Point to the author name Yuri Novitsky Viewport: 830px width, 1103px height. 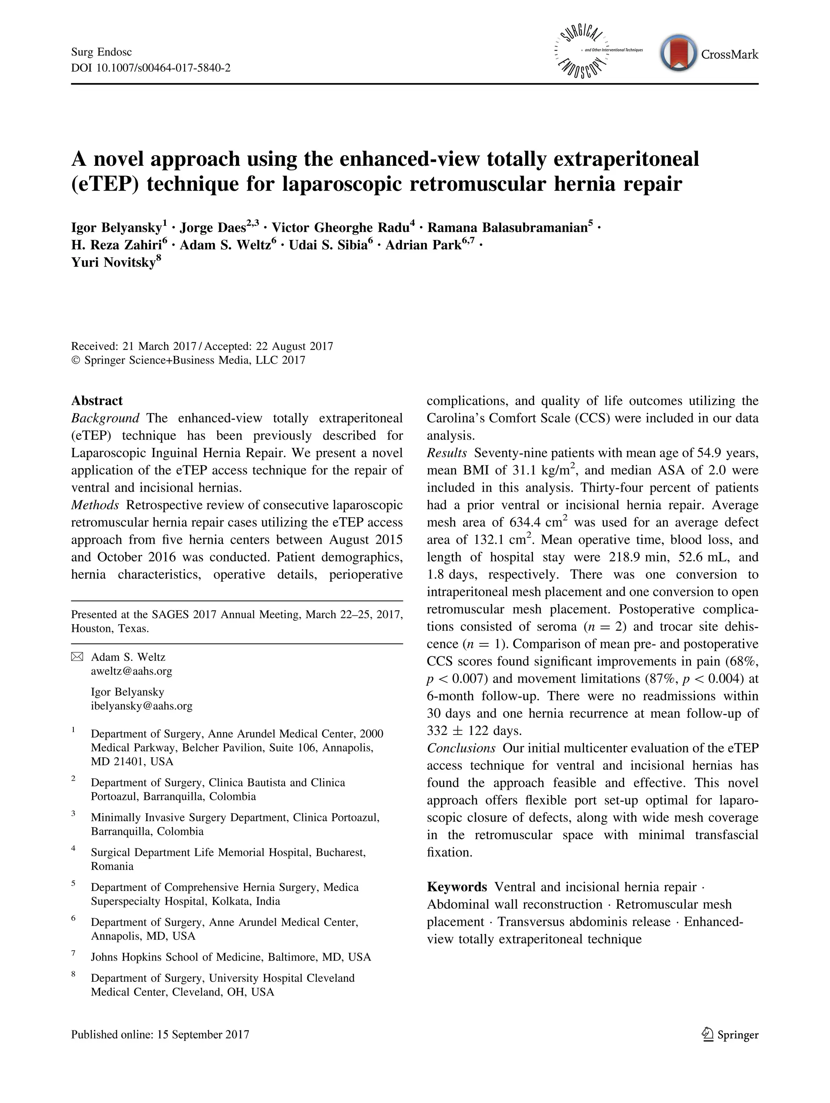(x=113, y=263)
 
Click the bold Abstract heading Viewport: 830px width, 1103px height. (x=97, y=401)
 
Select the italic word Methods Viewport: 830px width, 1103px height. (x=95, y=505)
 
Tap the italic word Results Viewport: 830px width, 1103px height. (x=447, y=453)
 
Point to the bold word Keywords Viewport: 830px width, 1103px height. (x=457, y=887)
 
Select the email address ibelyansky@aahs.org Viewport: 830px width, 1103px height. (x=141, y=706)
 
